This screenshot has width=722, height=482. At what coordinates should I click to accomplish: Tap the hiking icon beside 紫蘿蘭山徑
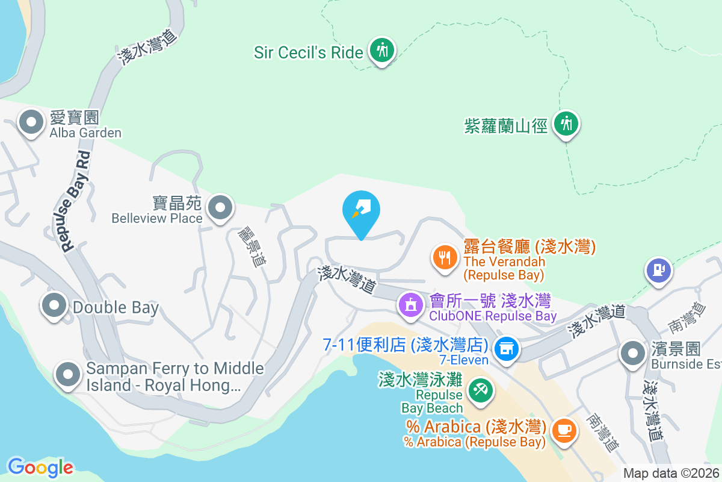coord(565,124)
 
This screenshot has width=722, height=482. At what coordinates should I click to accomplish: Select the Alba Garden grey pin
coord(31,124)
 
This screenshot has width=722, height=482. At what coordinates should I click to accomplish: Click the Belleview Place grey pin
coord(220,208)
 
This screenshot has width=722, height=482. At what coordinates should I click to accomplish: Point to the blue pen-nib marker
coord(361,210)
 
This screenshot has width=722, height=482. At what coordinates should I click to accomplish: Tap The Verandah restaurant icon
coord(445,258)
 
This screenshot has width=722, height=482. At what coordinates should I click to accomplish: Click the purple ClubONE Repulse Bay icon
coord(411,304)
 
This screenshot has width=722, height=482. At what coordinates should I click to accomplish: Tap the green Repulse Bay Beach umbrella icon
coord(481,390)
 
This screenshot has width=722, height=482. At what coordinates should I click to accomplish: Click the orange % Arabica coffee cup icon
coord(564,430)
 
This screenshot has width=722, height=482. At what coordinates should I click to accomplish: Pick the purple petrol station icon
coord(659,269)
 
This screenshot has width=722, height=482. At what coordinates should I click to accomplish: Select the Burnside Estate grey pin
coord(632,354)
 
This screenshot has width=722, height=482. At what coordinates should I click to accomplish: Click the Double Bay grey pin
coord(55,305)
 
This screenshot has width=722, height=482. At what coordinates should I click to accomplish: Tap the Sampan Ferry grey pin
coord(67,374)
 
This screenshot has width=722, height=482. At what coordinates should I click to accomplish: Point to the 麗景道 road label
coord(251,246)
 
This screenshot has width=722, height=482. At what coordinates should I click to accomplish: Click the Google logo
coord(40,467)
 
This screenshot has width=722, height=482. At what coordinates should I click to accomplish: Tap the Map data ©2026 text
coord(671,473)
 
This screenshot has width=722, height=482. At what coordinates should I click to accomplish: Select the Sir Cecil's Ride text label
coord(309,52)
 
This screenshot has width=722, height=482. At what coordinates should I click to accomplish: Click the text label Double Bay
coord(116,308)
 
